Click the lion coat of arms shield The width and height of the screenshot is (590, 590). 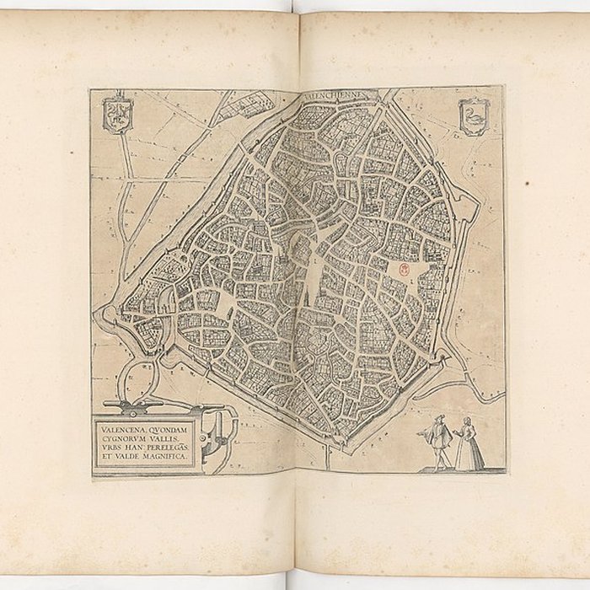[117, 114]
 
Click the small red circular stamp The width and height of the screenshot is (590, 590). [403, 270]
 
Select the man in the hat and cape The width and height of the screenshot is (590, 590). [438, 441]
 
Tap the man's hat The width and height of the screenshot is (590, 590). [437, 419]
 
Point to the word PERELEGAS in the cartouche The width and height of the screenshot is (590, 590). [169, 448]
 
